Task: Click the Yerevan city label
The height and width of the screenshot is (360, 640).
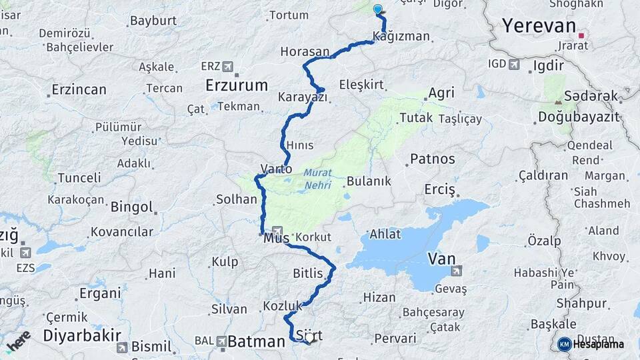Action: tap(539, 26)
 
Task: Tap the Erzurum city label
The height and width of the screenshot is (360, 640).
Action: tap(237, 85)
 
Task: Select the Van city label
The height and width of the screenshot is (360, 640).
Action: tap(441, 258)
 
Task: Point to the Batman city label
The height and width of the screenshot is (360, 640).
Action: tap(257, 342)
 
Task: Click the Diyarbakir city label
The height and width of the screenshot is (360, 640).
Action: tap(81, 335)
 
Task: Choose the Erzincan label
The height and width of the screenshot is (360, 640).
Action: tap(79, 89)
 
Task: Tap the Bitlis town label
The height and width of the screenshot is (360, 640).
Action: tap(307, 273)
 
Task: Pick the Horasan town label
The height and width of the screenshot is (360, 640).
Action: tap(305, 51)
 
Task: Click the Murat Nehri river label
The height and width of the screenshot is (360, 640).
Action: tap(317, 179)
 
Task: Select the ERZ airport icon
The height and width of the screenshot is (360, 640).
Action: tap(228, 67)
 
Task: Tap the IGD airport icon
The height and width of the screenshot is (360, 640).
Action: tap(514, 64)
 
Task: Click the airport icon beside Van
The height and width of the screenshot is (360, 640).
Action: tap(456, 271)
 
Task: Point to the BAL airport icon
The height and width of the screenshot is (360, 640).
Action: tap(221, 341)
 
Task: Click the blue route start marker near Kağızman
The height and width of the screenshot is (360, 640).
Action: tap(378, 9)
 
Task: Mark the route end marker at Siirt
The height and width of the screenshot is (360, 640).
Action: tap(309, 341)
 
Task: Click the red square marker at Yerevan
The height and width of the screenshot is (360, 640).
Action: tap(581, 35)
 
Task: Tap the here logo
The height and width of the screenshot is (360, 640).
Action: tap(18, 341)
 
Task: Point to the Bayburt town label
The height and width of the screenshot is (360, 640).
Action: tap(152, 21)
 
